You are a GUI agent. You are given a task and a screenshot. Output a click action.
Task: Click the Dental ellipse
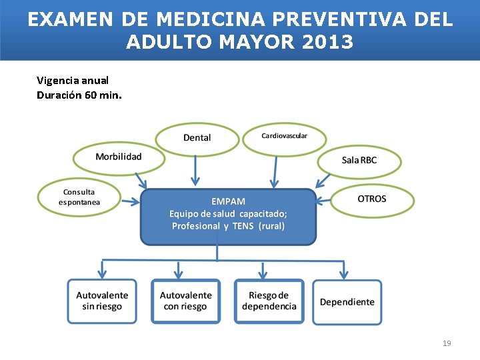tap(197, 138)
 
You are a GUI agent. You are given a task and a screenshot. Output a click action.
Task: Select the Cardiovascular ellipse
tap(284, 137)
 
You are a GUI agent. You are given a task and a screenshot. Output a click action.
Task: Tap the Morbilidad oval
tap(119, 157)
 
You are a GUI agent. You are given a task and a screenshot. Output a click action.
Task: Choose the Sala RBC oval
tap(359, 160)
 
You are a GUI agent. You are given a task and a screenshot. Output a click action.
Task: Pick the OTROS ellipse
tap(372, 199)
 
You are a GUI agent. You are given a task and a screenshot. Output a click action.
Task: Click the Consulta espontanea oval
tap(79, 197)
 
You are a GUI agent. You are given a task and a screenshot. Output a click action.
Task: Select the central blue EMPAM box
tap(228, 215)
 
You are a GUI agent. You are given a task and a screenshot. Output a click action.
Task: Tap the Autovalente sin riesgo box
tap(102, 301)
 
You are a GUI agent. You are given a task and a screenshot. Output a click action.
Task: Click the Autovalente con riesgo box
tap(186, 301)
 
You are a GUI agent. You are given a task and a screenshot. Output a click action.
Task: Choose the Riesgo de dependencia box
tap(269, 301)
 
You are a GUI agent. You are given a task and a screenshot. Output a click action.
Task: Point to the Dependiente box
tap(347, 302)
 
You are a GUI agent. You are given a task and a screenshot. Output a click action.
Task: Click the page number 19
tap(447, 343)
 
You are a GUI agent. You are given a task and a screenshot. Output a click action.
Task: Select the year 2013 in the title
tap(328, 43)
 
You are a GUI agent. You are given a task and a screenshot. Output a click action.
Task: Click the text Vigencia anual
tap(73, 80)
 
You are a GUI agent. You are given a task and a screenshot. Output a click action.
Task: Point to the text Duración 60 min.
tap(79, 95)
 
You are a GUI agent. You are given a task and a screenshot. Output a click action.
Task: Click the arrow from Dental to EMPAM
tap(195, 170)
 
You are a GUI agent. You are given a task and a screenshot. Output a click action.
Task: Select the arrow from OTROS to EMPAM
tap(324, 199)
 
